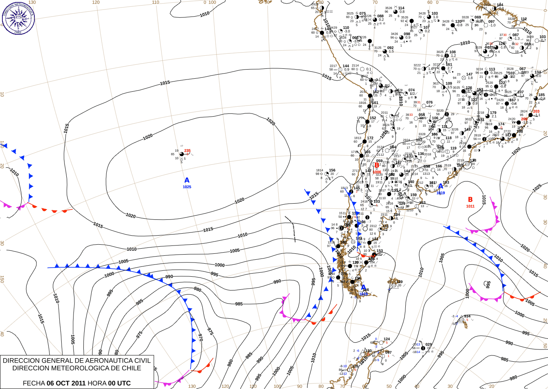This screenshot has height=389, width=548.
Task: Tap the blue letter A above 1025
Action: pos(187,180)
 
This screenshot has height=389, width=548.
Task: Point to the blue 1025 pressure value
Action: pos(187,187)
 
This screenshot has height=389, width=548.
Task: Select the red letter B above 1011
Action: pos(470,200)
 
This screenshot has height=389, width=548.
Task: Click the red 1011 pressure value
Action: pos(470,206)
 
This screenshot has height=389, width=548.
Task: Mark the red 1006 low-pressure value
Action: pos(377,172)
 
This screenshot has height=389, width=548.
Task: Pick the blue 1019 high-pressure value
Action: pos(441,193)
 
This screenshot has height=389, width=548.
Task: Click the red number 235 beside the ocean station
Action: pos(187,151)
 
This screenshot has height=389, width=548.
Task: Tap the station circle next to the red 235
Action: pos(182,154)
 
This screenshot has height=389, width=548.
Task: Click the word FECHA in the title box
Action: pos(34,383)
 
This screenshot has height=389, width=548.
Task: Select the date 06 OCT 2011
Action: pos(66,383)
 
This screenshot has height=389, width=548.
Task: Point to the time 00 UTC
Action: pos(118,383)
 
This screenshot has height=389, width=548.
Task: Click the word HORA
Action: pos(96,383)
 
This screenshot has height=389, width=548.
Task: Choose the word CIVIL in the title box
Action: pos(142,361)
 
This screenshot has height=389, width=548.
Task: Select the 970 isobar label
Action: pos(200,338)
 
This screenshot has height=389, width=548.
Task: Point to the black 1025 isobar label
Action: pos(537,188)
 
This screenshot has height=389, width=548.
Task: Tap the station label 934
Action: pos(467,316)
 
